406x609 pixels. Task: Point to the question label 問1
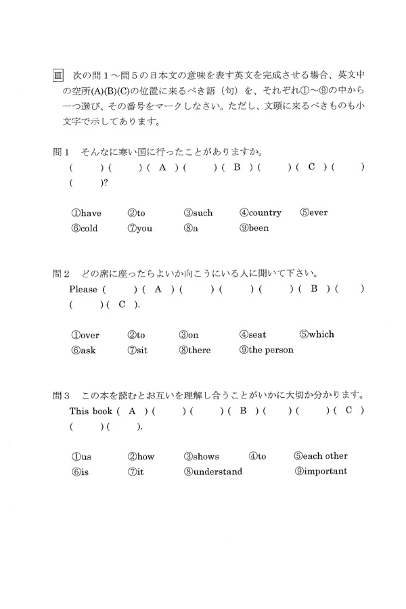click(62, 150)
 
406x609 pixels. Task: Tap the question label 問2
click(62, 273)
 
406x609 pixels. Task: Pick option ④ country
click(260, 212)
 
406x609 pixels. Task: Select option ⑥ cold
click(84, 228)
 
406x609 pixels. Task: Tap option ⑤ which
click(316, 334)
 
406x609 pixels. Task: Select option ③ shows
click(201, 456)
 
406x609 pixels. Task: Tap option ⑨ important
click(321, 472)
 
